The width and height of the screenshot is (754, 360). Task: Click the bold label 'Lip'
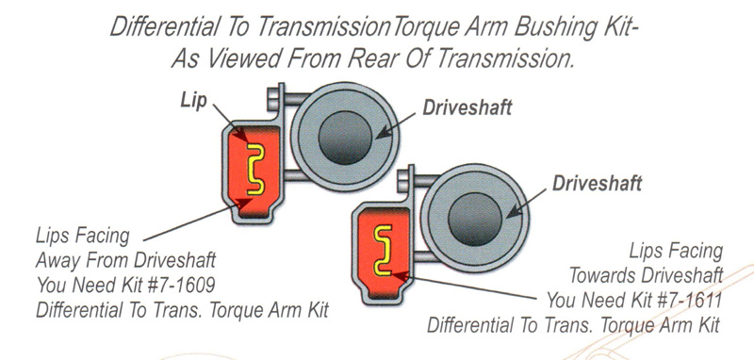194,100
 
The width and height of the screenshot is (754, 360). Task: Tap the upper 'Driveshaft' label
467,107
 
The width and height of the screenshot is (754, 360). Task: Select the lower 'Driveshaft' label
597,183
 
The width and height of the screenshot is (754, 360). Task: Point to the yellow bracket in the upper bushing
255,169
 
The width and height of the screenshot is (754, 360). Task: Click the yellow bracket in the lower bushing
384,250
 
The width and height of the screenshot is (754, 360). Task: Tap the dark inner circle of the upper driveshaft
345,138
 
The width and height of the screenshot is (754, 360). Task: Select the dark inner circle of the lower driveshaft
475,220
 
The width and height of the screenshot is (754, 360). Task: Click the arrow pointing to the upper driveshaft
396,126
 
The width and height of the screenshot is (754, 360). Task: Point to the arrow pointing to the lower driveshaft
527,203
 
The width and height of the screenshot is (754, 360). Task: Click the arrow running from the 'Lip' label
230,124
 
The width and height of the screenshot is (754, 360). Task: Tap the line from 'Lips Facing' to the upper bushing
197,220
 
